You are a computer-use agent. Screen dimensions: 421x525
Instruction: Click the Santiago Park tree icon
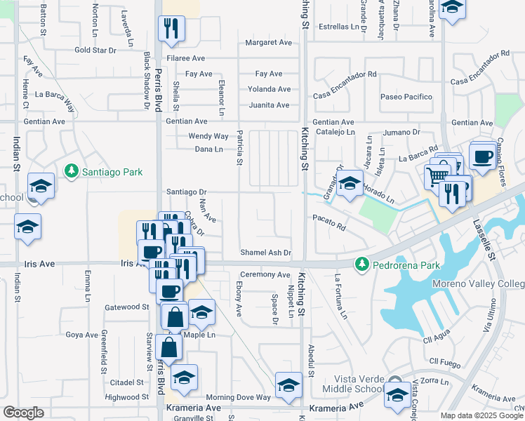pos(70,171)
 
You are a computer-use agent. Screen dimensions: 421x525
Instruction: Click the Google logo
pos(23,413)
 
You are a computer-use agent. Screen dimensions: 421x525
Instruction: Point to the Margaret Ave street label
pos(268,43)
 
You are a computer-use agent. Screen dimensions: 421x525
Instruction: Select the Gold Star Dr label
pos(95,51)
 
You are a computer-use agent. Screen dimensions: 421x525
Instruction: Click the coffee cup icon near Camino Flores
pos(482,156)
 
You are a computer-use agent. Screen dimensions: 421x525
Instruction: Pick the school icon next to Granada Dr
pos(349,185)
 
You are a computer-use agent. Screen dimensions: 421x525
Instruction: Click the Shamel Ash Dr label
pos(265,253)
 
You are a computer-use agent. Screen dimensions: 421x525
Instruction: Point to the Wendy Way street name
pos(208,136)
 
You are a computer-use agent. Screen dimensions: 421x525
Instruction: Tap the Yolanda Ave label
pos(268,89)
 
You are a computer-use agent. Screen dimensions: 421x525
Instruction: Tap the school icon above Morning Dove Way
pos(288,385)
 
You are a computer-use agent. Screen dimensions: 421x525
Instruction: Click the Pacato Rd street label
pos(330,228)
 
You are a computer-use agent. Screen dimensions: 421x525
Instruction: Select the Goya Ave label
pos(81,335)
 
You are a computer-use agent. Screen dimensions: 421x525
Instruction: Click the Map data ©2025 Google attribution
pos(481,415)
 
